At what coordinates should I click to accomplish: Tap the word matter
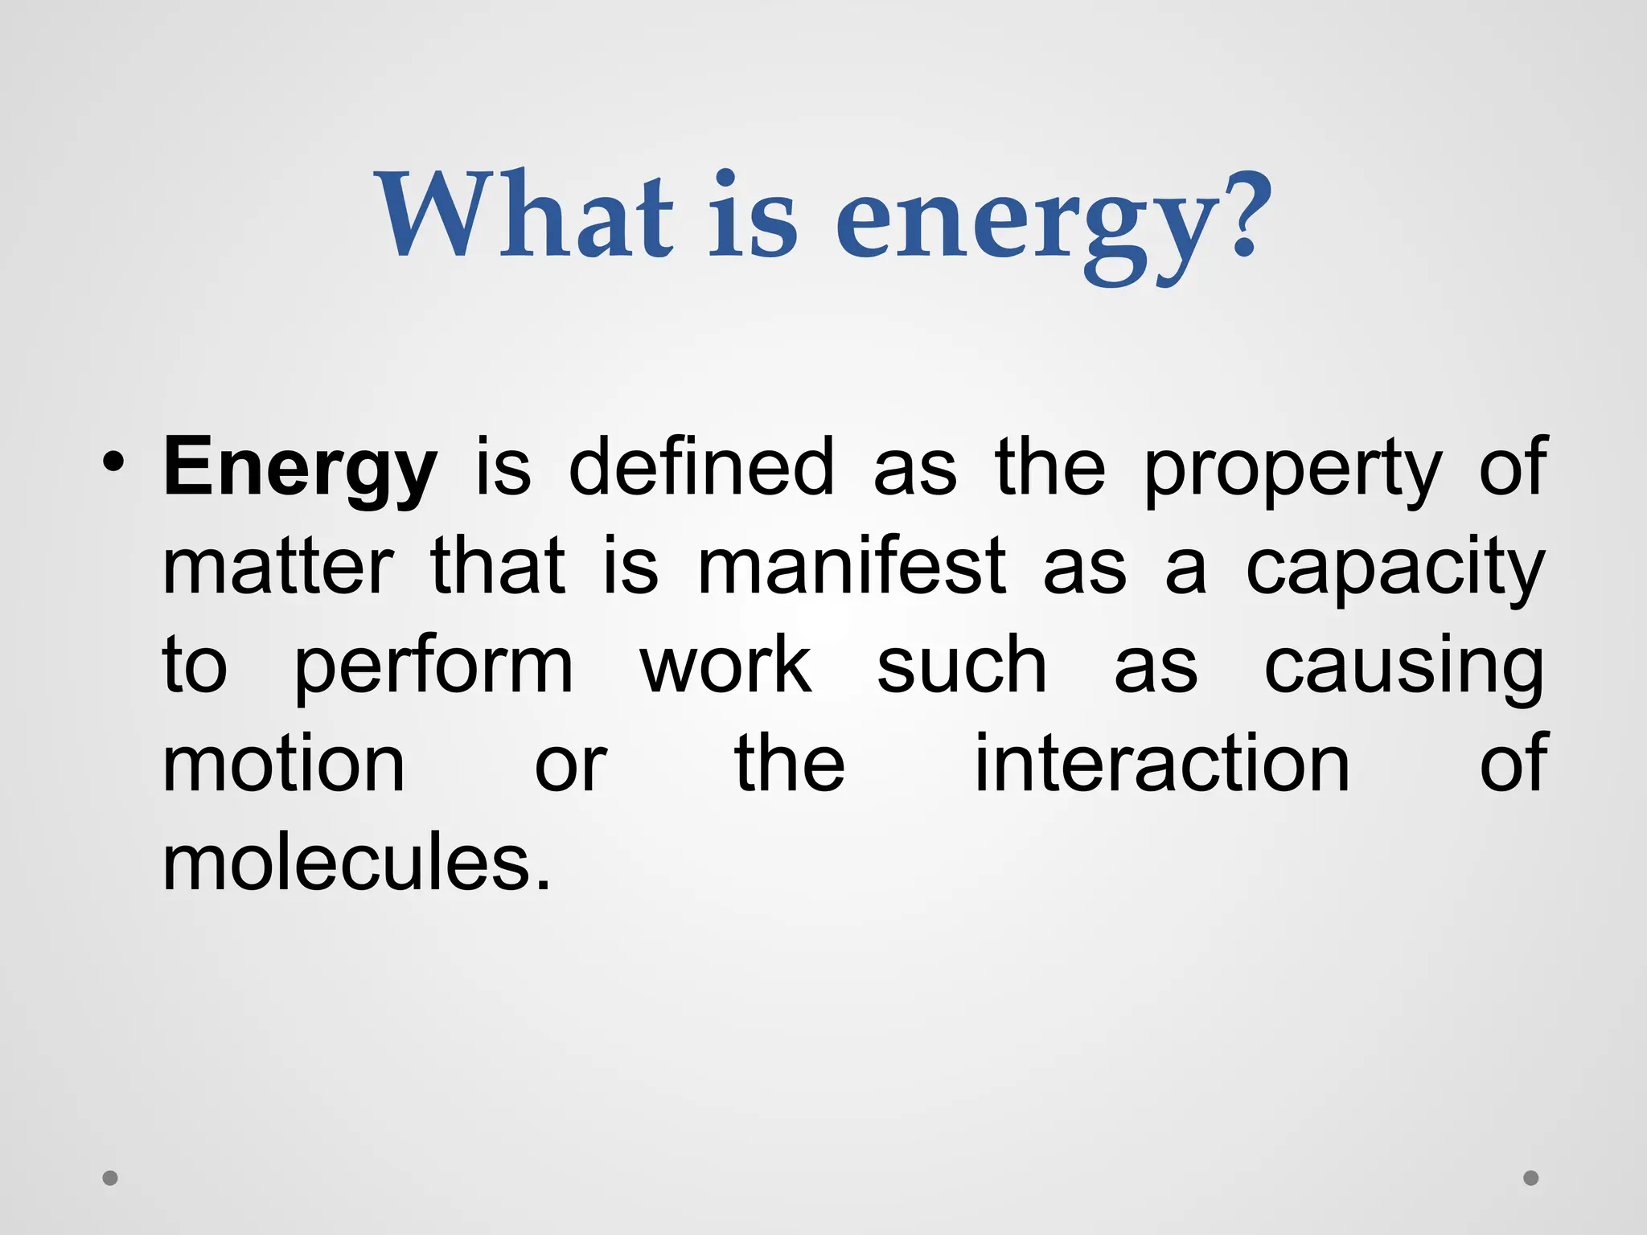click(x=278, y=568)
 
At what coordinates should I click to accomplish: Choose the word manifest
click(x=852, y=568)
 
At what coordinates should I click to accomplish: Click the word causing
click(x=1403, y=668)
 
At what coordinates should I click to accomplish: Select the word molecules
click(x=356, y=864)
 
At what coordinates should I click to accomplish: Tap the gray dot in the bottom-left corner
click(x=110, y=1178)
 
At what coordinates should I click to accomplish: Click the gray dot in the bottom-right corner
click(x=1531, y=1178)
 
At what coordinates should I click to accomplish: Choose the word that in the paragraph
click(x=498, y=568)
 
